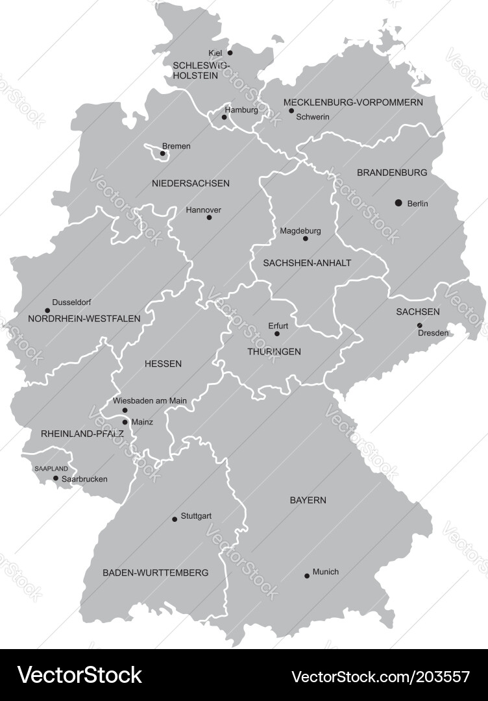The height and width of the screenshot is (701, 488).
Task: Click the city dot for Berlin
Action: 398,203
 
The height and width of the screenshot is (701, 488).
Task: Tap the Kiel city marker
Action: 230,53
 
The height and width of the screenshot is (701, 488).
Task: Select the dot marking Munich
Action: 307,576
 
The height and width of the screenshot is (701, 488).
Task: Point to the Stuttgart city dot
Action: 175,519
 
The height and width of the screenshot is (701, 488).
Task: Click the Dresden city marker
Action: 419,325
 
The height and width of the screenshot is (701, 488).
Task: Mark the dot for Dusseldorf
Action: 47,310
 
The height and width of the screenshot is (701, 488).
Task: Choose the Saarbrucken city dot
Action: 56,478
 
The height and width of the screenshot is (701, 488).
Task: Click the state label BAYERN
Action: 308,500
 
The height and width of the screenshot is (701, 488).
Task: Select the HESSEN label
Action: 163,363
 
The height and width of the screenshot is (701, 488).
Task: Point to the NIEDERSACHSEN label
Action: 191,183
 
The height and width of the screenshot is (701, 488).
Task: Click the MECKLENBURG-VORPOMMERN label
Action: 353,103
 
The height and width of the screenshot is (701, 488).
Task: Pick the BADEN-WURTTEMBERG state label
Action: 156,572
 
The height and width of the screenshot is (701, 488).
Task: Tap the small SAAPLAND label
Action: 51,468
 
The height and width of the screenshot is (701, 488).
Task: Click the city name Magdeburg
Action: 300,230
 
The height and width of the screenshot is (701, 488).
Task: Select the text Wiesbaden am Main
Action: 150,400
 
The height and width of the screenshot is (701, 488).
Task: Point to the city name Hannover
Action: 203,210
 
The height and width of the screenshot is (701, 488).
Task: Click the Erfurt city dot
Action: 277,334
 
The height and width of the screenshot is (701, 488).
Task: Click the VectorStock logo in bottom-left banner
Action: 79,675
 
